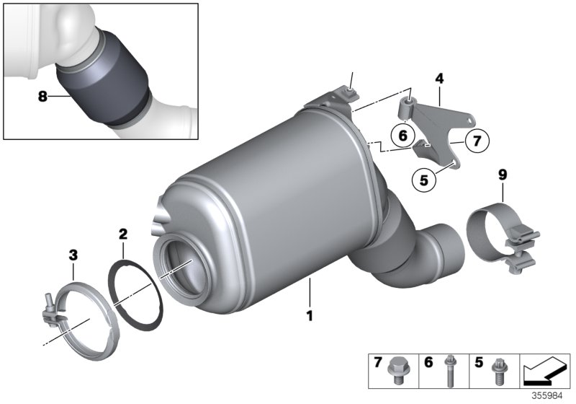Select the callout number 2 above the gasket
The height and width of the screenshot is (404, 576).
point(123,234)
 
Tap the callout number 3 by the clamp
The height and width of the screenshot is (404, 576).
point(73,253)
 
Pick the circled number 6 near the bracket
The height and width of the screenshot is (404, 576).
point(402,134)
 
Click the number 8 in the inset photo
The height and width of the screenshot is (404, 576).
point(42,96)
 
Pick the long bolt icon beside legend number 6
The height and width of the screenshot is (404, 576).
point(449,368)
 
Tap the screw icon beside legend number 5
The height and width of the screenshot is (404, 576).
point(496,369)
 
